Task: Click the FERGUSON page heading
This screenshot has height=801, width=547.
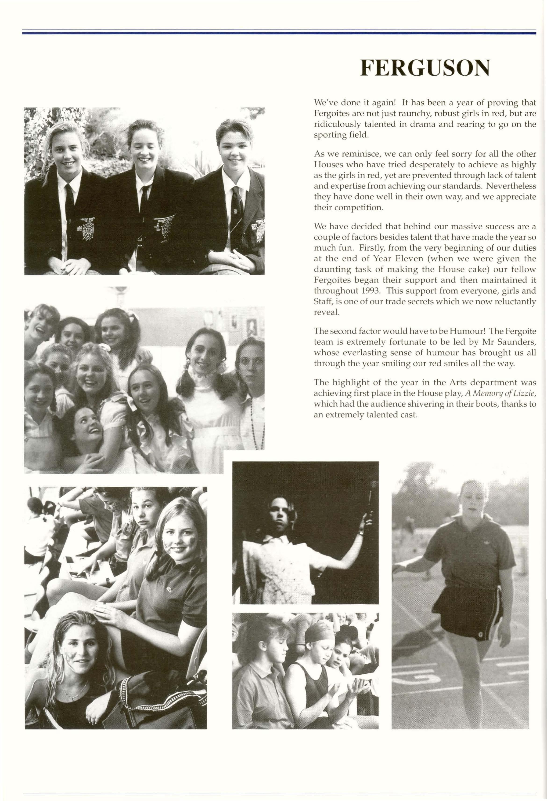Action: pos(425,69)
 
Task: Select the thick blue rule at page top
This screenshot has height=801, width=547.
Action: pos(279,33)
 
